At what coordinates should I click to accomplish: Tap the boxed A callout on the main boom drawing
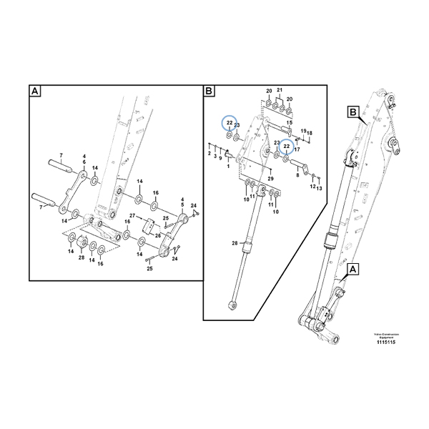coord(353,270)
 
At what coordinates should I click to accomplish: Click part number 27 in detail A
coord(132,215)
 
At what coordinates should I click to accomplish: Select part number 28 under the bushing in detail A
coord(82,257)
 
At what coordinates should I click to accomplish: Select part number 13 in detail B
coord(320,187)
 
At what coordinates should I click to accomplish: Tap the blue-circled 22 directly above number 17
coord(287,146)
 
